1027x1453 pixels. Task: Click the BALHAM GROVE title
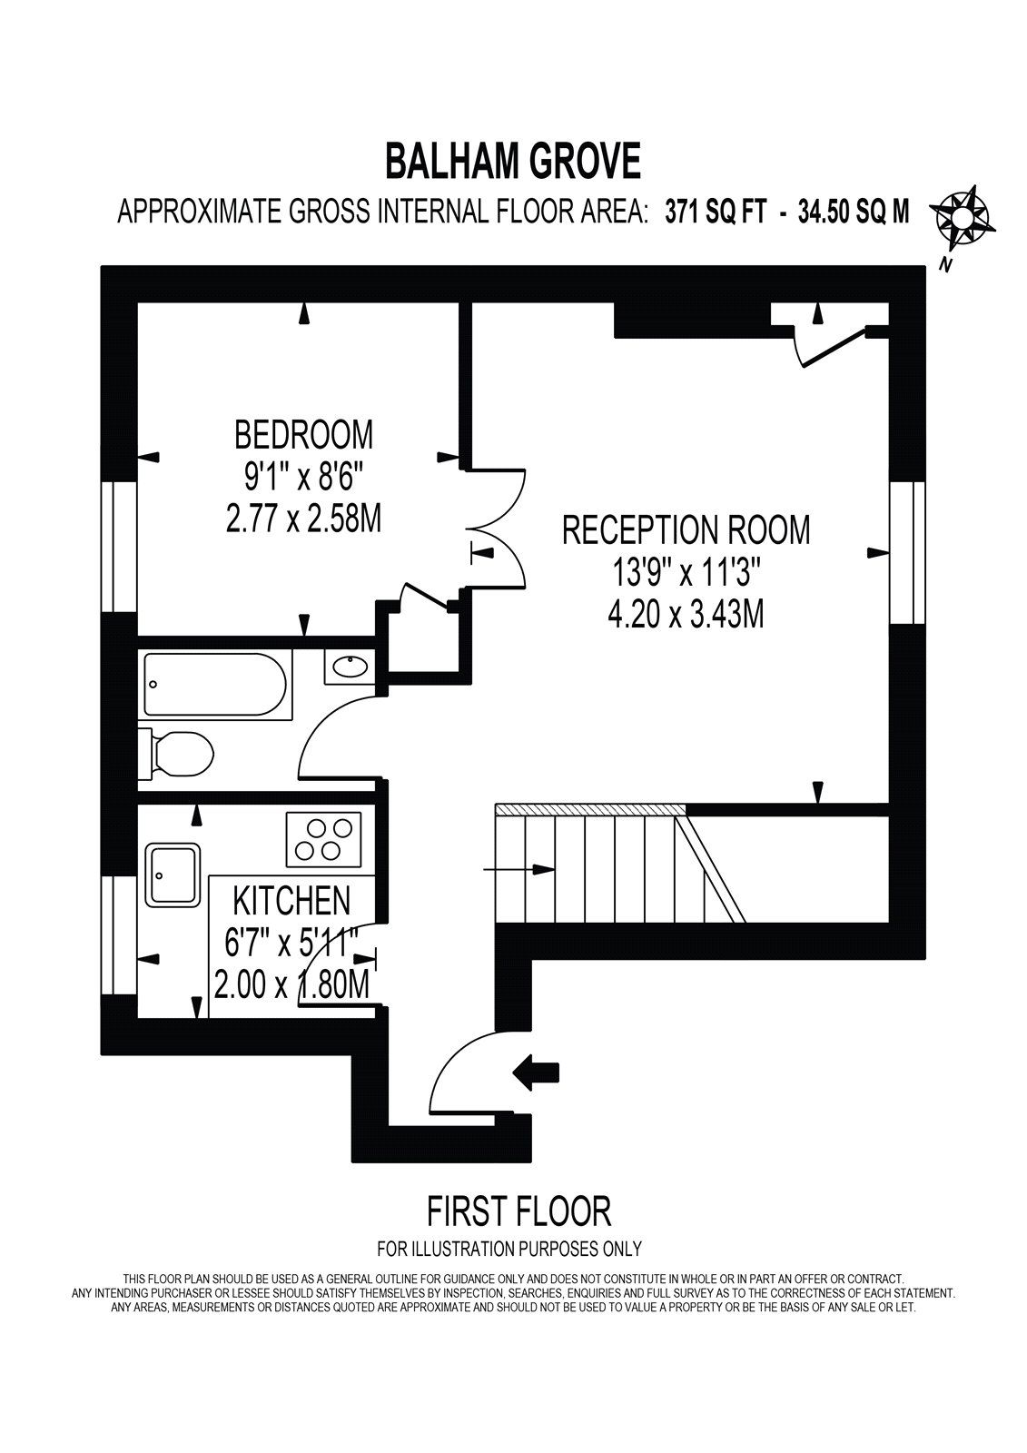[x=513, y=162]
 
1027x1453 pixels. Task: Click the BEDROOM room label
[x=303, y=434]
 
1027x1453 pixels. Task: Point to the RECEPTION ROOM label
[x=686, y=529]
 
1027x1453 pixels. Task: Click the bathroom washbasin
[x=350, y=667]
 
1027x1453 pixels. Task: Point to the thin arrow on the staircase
[x=518, y=870]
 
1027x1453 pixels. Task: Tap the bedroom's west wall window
[x=118, y=547]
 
